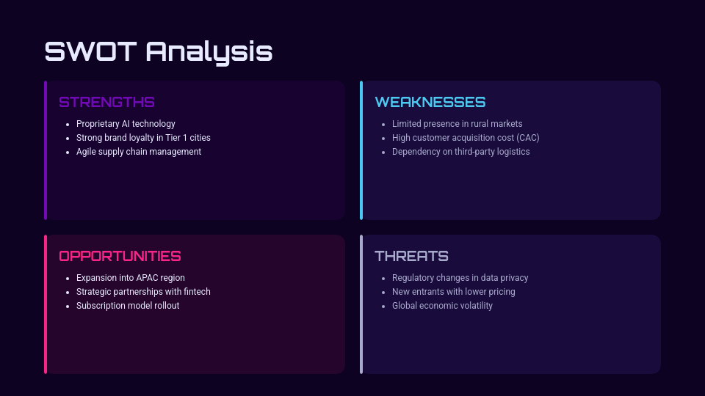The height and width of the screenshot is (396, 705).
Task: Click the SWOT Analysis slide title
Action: (x=159, y=52)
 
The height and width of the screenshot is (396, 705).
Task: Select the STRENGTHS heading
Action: (x=106, y=102)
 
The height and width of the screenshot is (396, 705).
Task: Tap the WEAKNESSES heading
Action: (x=430, y=102)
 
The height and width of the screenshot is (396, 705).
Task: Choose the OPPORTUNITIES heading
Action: (x=120, y=256)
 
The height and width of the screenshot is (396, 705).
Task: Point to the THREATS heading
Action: (x=411, y=256)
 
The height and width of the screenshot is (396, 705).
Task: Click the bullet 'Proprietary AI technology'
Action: (x=126, y=124)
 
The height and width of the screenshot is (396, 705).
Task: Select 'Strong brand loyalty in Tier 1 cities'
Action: (x=143, y=138)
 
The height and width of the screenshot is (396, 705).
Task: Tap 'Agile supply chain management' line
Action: (x=138, y=152)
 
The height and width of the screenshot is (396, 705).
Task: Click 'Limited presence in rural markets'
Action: (x=457, y=124)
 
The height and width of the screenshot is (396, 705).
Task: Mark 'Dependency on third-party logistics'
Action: (x=460, y=152)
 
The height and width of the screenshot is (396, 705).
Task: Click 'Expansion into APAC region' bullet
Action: (x=130, y=278)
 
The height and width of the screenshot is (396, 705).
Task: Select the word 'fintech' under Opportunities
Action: (x=196, y=292)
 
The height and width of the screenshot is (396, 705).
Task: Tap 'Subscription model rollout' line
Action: (x=128, y=306)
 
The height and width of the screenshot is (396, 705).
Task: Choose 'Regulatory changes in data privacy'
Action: (x=460, y=278)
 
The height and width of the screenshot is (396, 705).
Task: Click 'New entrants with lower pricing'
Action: (x=453, y=292)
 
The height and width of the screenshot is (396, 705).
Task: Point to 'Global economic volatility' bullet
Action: (x=442, y=306)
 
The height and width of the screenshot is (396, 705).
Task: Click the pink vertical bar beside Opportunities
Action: (x=46, y=304)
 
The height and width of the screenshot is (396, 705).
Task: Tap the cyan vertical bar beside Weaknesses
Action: (x=361, y=150)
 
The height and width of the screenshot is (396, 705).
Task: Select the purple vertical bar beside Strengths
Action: (x=46, y=150)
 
